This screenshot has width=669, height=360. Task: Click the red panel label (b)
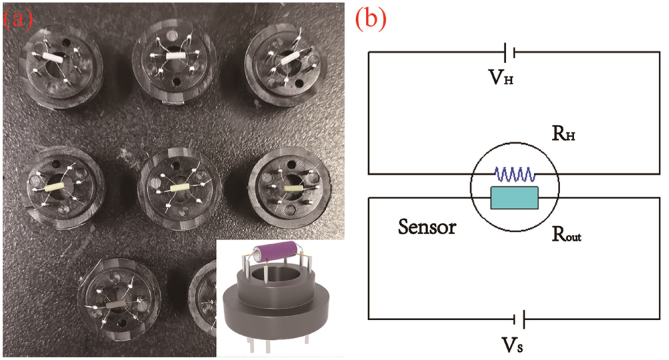(370, 20)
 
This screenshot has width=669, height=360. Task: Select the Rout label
(566, 234)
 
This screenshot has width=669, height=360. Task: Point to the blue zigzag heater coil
(514, 175)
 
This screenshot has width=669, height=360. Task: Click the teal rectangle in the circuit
(514, 197)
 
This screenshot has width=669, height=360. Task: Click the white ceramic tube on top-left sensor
(52, 59)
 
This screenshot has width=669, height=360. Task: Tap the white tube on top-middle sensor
(173, 58)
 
